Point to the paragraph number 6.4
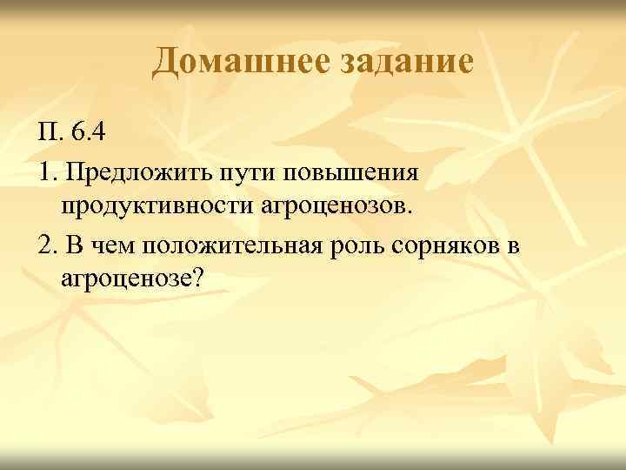[90, 133]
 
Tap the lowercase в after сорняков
[513, 247]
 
